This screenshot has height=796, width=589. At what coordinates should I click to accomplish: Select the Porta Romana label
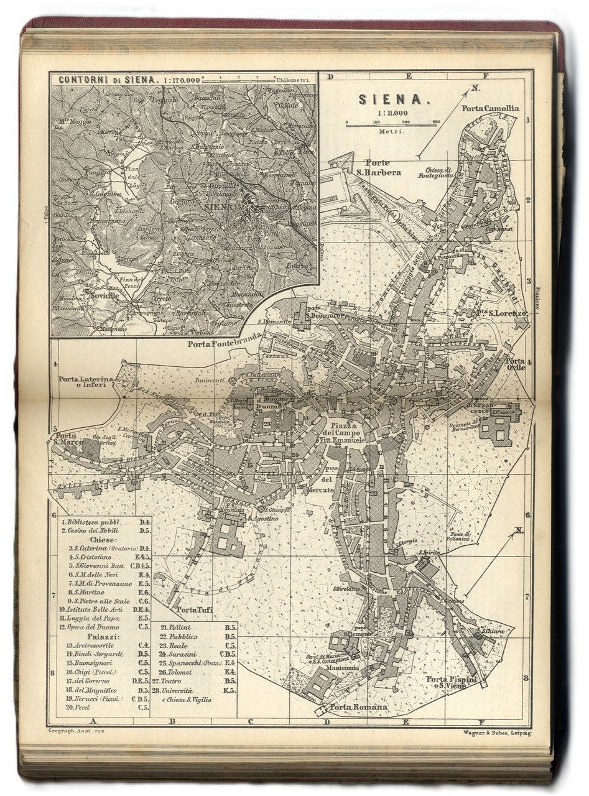[359, 707]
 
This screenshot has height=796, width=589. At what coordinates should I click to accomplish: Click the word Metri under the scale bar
[391, 132]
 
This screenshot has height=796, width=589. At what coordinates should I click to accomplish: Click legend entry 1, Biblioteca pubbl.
[94, 522]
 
